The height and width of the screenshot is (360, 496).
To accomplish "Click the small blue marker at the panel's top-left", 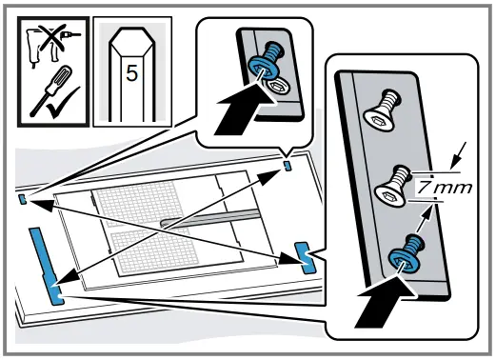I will click(x=22, y=200).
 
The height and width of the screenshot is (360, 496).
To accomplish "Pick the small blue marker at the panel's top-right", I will click(x=288, y=165).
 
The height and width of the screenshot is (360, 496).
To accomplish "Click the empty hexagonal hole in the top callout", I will click(x=276, y=84).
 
